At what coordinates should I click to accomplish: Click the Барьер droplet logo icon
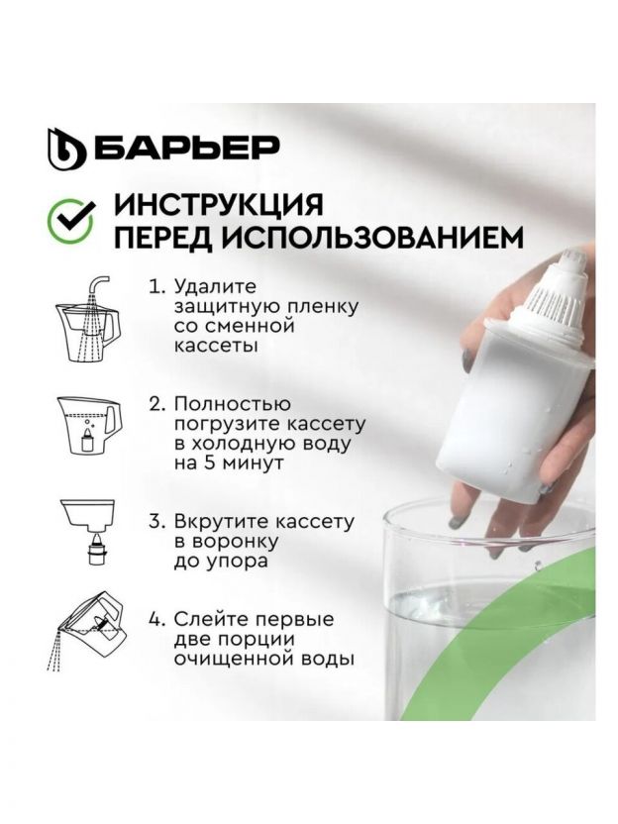click(66, 148)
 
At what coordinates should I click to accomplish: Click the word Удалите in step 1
click(215, 287)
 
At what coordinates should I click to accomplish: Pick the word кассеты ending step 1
click(216, 347)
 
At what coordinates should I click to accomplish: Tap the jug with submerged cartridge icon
click(89, 425)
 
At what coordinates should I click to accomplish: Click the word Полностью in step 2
click(233, 405)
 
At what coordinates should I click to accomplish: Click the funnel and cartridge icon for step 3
click(88, 531)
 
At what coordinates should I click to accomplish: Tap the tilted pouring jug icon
click(88, 631)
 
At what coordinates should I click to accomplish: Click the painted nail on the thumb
click(466, 361)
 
